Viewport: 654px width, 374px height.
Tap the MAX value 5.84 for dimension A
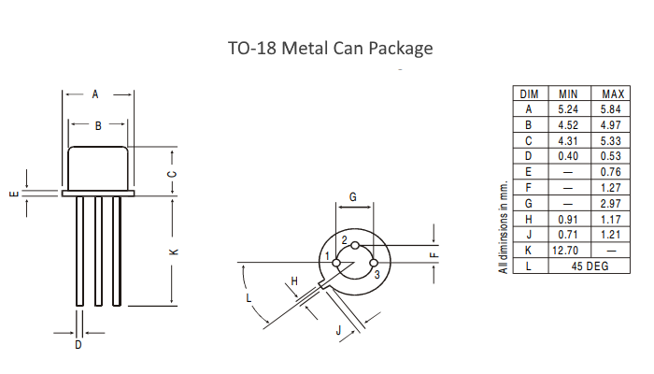coord(613,108)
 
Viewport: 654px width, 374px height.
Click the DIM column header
coord(528,94)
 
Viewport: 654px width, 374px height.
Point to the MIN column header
coord(568,94)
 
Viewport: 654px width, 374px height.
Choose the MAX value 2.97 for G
coord(613,203)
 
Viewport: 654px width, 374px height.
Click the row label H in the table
coord(528,219)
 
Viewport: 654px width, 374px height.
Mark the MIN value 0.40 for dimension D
coord(568,155)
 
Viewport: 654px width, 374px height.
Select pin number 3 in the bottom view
coord(376,275)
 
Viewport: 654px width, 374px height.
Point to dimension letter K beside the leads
coord(172,252)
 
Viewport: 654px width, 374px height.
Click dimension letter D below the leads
coord(78,345)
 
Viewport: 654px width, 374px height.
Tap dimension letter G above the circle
coord(352,196)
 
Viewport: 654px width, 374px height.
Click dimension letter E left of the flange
coord(12,194)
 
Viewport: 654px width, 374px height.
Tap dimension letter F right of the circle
coord(446,252)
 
